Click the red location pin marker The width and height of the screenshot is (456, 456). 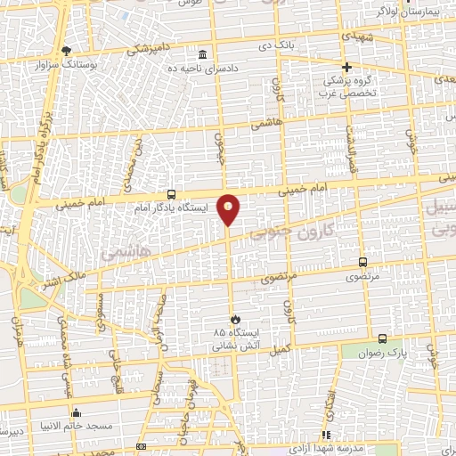229,209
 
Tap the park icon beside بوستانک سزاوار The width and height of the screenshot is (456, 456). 67,51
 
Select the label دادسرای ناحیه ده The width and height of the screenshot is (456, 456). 208,69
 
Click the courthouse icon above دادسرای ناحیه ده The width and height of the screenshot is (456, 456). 204,55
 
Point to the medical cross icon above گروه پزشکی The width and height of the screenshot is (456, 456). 347,67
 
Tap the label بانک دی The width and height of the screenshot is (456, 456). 276,45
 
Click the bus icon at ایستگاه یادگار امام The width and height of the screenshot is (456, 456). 171,195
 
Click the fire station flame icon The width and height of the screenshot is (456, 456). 235,318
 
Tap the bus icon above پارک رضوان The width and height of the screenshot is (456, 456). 382,338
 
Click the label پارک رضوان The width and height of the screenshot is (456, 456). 384,352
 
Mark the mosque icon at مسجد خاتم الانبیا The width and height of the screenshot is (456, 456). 76,413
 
